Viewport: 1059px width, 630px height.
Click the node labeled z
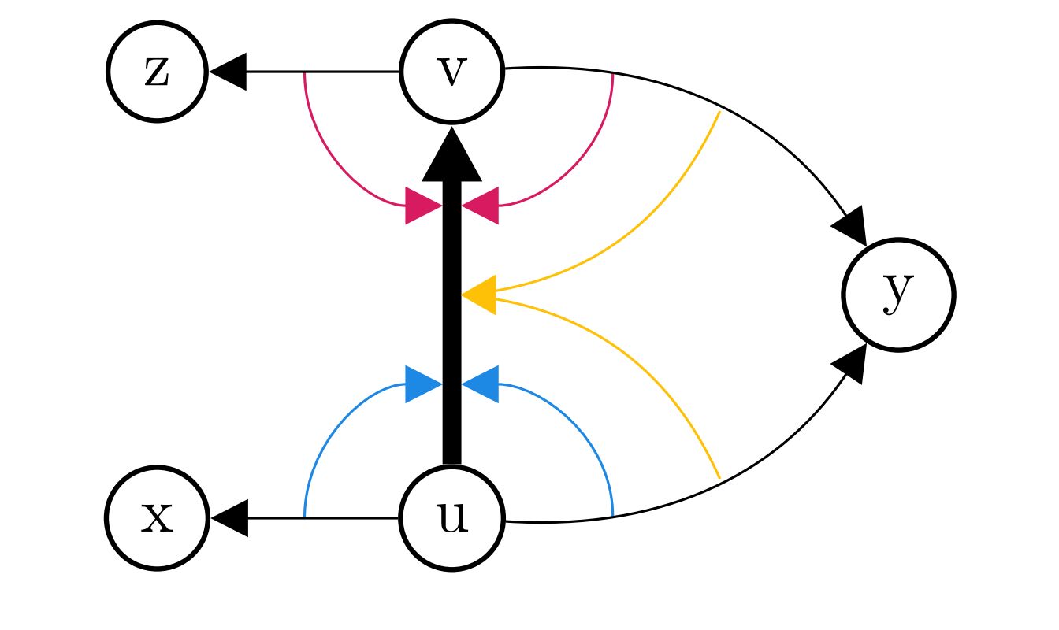pyautogui.click(x=157, y=72)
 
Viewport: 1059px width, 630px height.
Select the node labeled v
pyautogui.click(x=451, y=72)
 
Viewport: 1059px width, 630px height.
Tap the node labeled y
pyautogui.click(x=898, y=295)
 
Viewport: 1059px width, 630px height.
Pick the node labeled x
pyautogui.click(x=157, y=518)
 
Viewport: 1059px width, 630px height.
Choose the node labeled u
pyautogui.click(x=451, y=518)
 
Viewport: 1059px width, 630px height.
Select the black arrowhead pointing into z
pyautogui.click(x=229, y=72)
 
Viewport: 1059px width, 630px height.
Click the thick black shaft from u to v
pyautogui.click(x=451, y=331)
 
